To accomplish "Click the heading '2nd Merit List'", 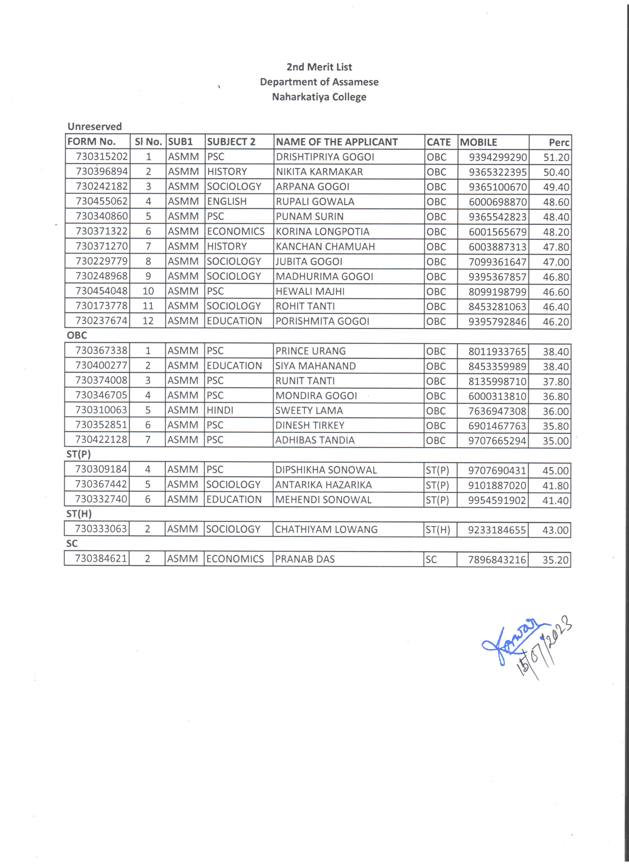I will (319, 67).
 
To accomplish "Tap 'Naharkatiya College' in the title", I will (319, 97).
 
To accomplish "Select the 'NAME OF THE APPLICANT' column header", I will (336, 142).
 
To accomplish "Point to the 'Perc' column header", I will (559, 143).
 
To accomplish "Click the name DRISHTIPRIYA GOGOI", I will (325, 157).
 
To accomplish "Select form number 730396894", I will (101, 171).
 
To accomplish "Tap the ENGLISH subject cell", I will (227, 202).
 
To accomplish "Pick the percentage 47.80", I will (556, 247).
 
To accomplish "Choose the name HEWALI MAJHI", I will (310, 291).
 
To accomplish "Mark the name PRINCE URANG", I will (311, 351).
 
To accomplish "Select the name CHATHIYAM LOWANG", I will (326, 529).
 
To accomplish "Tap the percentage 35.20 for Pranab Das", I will (555, 560).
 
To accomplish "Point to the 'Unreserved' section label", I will (95, 126).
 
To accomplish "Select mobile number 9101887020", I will (497, 485).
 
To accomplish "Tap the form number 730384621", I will (101, 559).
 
